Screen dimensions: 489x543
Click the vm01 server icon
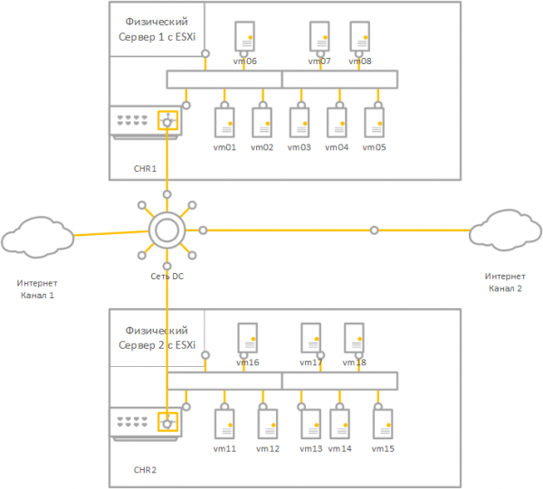224,121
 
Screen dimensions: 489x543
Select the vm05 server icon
375,121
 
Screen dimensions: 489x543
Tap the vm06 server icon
245,37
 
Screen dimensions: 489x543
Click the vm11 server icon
225,423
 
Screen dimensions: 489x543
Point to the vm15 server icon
382,423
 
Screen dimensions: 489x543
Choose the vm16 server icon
247,338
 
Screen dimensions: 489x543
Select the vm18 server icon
354,338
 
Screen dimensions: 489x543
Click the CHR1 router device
145,121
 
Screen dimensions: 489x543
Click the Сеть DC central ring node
167,230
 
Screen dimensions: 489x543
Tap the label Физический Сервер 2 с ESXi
157,338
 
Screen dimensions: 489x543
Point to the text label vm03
299,147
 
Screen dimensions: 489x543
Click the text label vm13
310,449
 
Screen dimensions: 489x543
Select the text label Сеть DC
167,276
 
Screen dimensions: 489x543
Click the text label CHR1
145,168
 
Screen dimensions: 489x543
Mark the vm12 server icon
267,423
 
